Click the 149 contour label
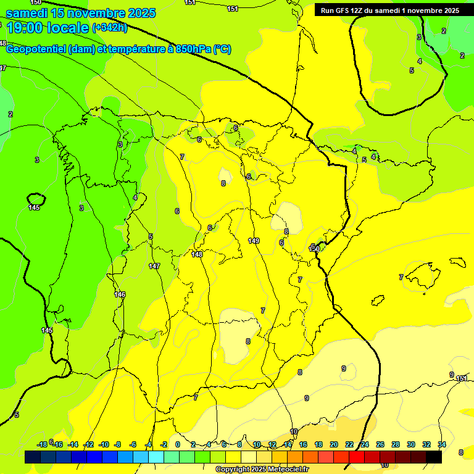click(254, 241)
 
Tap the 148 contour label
click(197, 254)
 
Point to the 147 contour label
click(154, 266)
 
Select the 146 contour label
click(120, 294)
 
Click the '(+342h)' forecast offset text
click(110, 28)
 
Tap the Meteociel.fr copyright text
click(262, 470)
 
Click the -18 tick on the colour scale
click(42, 444)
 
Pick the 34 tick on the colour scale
click(442, 444)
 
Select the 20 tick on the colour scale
click(334, 444)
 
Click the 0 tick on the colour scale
click(178, 444)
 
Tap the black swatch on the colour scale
click(434, 457)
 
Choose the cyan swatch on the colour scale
click(156, 457)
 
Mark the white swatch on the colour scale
click(249, 457)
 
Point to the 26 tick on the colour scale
click(380, 444)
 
